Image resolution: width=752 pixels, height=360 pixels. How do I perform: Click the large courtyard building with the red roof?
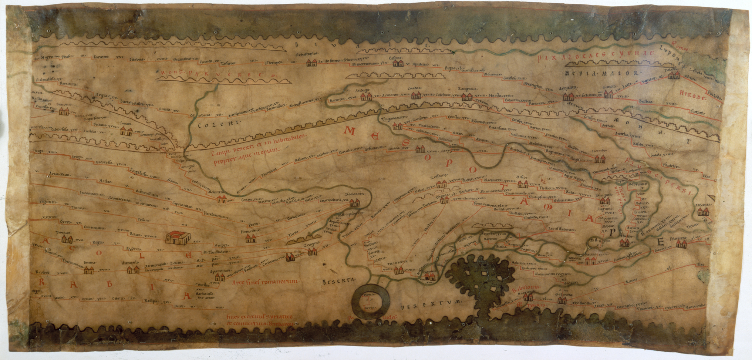coord(178,237)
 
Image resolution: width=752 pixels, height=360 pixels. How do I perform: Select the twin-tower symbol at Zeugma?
coord(313,252)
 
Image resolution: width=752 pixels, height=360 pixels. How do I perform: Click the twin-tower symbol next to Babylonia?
coord(528,297)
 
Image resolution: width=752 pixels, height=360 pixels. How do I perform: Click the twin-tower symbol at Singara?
coord(605,201)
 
